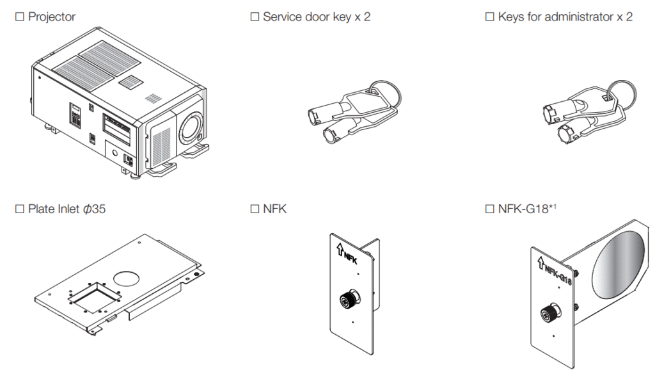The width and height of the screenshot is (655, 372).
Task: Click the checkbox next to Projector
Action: coord(19,17)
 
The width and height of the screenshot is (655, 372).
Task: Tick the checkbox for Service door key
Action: coord(254,17)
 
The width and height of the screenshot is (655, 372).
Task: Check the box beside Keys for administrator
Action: coord(490,17)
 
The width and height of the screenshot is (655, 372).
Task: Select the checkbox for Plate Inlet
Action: coord(19,209)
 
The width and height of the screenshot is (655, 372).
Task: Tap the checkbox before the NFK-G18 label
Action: coord(490,209)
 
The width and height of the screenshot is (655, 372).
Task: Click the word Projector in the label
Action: coord(52,17)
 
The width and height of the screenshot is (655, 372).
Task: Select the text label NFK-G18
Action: coord(521,209)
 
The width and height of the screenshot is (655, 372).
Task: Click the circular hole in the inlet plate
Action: coord(127,277)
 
